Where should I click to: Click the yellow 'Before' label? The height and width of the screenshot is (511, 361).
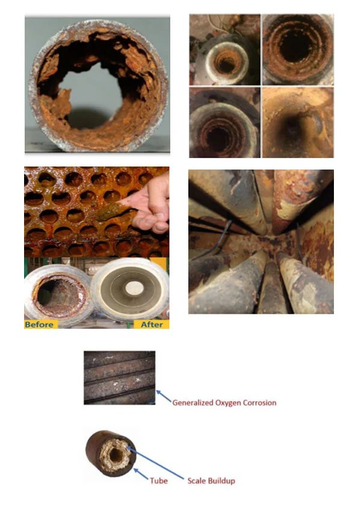41,324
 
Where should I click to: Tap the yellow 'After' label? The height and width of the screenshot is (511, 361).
152,324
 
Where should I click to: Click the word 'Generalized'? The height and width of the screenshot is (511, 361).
193,403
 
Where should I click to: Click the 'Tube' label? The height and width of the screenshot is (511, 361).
159,481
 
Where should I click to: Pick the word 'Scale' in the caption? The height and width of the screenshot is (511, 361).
197,481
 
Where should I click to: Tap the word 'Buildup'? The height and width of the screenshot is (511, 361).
221,481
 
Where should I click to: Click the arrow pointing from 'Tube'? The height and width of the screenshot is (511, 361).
141,474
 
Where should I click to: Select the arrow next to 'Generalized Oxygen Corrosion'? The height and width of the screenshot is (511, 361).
164,396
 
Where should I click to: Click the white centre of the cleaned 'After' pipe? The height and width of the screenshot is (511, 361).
134,287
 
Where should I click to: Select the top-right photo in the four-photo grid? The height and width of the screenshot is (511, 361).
298,49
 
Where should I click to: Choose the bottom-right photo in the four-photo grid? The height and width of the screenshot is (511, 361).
298,122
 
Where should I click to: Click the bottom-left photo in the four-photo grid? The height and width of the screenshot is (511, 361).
224,122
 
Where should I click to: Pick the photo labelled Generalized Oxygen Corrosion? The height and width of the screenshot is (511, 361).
119,378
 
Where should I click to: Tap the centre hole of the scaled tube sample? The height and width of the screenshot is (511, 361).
116,455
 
